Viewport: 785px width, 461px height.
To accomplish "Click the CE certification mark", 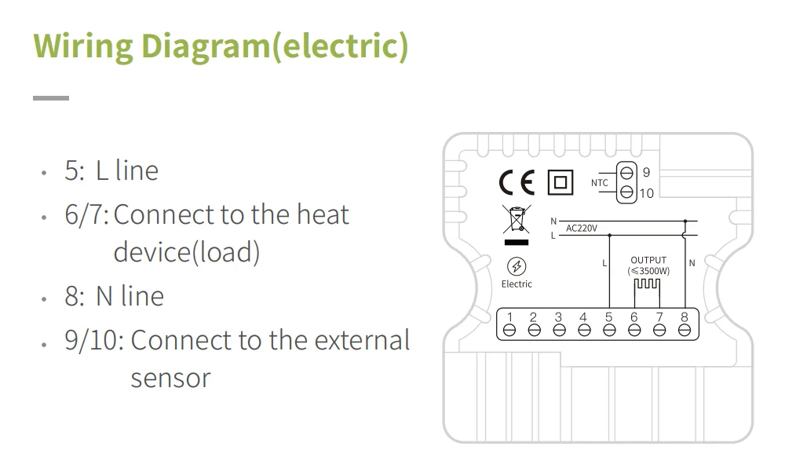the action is click(x=516, y=183).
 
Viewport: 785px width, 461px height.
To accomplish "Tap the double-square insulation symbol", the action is click(x=559, y=182).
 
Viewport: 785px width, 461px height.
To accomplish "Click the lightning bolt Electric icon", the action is click(x=517, y=266).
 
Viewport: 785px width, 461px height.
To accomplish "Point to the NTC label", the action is click(x=600, y=183).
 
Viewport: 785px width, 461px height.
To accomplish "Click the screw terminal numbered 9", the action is click(x=626, y=172).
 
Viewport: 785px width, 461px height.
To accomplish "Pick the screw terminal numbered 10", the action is click(x=626, y=192).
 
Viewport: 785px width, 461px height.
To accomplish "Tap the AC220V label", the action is click(x=582, y=229).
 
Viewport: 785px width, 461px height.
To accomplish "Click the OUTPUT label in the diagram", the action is click(x=648, y=260).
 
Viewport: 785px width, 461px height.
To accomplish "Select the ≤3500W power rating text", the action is click(x=648, y=271).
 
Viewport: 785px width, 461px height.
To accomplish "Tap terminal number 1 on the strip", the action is click(x=509, y=330).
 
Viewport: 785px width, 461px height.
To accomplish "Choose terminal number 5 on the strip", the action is click(x=609, y=330).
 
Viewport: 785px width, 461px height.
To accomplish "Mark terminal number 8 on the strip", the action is click(x=685, y=330).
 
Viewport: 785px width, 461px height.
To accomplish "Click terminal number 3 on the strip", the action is click(x=559, y=330).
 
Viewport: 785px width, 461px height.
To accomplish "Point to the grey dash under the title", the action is click(x=51, y=98).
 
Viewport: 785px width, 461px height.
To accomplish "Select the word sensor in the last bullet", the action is click(x=170, y=378).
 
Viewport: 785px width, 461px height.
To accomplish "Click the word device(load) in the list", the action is click(x=186, y=252).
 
